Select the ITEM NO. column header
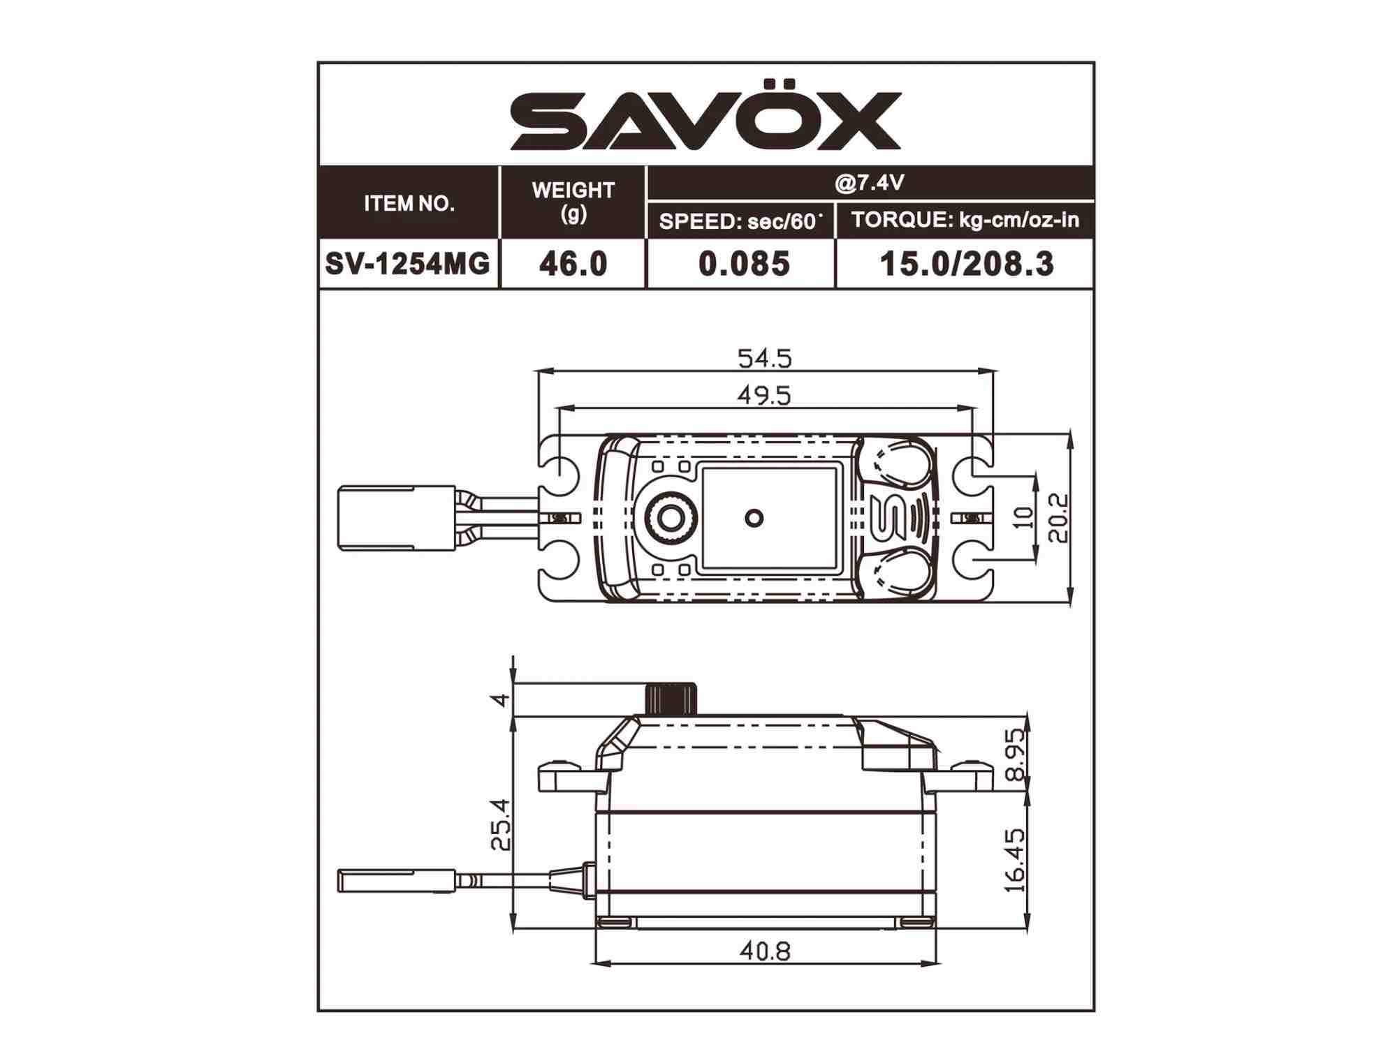click(409, 204)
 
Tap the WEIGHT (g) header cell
click(573, 202)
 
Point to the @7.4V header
click(870, 183)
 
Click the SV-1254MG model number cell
click(408, 264)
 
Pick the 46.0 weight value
click(573, 264)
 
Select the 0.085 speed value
click(744, 264)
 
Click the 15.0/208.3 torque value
click(967, 264)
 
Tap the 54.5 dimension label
click(766, 359)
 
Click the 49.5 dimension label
click(765, 396)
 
